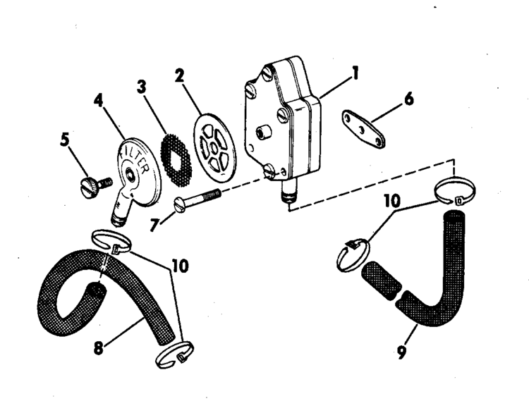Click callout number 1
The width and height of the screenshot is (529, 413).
tap(355, 73)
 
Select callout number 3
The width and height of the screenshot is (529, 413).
tap(143, 88)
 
